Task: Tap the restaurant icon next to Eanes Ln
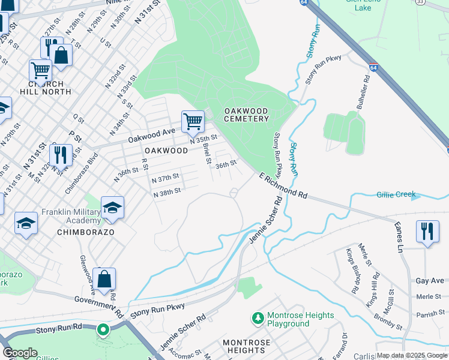click(427, 231)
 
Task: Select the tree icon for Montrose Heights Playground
click(257, 316)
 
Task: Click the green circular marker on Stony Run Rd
click(103, 329)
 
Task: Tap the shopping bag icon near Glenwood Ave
click(104, 278)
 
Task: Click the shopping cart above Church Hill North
click(40, 70)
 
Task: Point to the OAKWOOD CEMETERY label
click(246, 115)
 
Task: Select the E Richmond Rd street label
click(283, 186)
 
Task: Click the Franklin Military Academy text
click(67, 217)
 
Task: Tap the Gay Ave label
click(429, 281)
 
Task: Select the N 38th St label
click(167, 194)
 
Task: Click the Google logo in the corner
click(20, 353)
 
